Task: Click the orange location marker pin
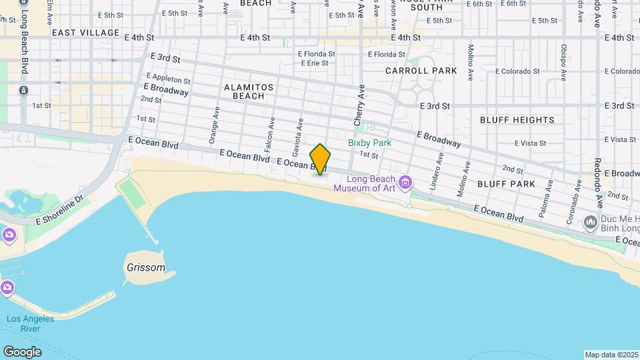320,159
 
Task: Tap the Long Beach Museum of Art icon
405,182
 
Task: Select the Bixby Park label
369,143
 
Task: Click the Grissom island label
145,267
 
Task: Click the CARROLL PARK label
421,70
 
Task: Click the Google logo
21,351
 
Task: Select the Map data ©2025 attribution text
611,355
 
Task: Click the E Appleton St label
168,79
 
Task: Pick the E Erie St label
314,63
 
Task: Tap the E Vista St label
530,143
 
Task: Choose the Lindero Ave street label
437,172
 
